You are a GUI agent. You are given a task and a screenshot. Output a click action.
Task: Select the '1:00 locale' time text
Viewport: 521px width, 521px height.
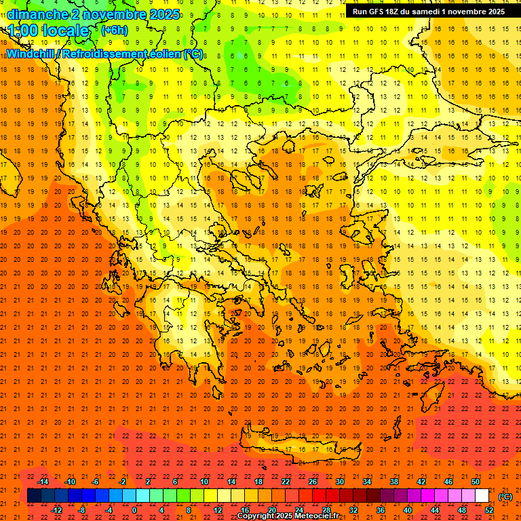pos(49,31)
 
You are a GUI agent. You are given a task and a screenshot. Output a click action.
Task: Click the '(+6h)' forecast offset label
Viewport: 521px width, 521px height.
pos(113,31)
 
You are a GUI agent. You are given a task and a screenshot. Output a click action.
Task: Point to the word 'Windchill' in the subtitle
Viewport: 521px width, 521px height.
pos(31,54)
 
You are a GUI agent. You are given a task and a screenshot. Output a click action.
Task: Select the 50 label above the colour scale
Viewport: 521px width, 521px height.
pos(476,482)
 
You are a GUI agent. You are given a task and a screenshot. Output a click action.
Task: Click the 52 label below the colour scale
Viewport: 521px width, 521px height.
pos(489,510)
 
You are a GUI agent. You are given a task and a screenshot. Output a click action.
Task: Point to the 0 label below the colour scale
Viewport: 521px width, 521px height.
pos(135,510)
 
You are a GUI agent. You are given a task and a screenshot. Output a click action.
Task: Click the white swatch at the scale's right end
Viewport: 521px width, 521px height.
pos(482,496)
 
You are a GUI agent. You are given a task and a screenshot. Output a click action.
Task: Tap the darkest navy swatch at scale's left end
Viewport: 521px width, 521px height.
pos(34,496)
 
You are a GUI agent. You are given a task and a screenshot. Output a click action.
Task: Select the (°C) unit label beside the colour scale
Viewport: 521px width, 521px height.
pos(505,497)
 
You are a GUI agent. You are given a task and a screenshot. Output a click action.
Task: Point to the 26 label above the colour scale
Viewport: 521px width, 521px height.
pos(313,482)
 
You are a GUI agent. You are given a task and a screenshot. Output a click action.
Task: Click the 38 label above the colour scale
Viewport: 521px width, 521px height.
pos(394,482)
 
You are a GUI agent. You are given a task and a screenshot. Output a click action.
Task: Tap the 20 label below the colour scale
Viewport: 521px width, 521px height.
pos(271,510)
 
